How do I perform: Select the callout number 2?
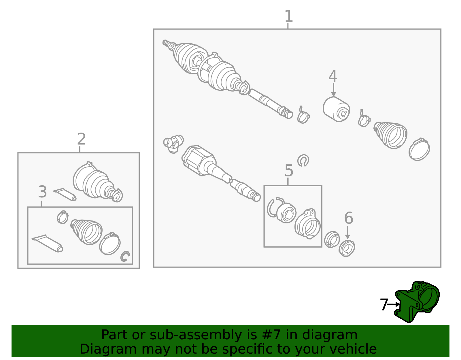(x=82, y=139)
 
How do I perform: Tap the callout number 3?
(x=42, y=192)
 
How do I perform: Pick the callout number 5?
(x=289, y=170)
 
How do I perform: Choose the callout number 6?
(x=349, y=218)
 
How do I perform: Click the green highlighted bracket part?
(x=417, y=302)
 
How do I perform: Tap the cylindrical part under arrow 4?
(x=336, y=109)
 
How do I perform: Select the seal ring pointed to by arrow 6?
(x=347, y=248)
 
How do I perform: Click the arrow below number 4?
(x=333, y=90)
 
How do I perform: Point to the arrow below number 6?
(x=347, y=232)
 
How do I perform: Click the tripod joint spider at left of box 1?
(x=173, y=144)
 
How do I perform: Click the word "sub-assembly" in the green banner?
(x=196, y=335)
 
